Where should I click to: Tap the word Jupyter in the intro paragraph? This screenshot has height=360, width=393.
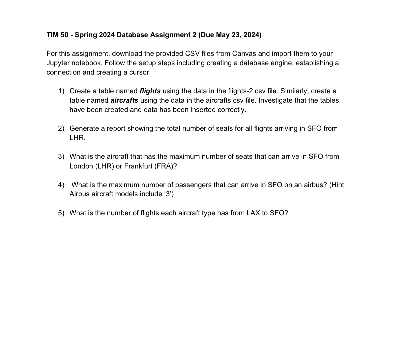click(x=58, y=63)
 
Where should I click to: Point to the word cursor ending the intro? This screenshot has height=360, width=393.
click(x=141, y=72)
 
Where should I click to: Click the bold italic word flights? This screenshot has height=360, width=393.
click(x=150, y=91)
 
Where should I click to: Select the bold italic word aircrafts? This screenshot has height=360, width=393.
click(x=124, y=100)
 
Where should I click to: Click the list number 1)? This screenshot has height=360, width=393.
click(x=61, y=91)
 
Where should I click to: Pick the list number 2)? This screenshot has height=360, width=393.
click(x=61, y=128)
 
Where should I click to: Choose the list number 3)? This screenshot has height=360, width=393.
click(x=61, y=156)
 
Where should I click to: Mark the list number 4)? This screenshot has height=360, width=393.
click(x=61, y=185)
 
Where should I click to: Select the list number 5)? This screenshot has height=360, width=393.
click(x=61, y=213)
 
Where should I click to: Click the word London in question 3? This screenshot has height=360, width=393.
click(x=81, y=166)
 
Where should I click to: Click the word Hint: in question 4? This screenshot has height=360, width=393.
click(x=337, y=185)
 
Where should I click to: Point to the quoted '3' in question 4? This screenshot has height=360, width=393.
click(x=168, y=194)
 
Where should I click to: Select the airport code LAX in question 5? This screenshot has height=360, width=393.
click(x=253, y=213)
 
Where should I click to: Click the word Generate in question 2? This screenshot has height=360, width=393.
click(x=84, y=128)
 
